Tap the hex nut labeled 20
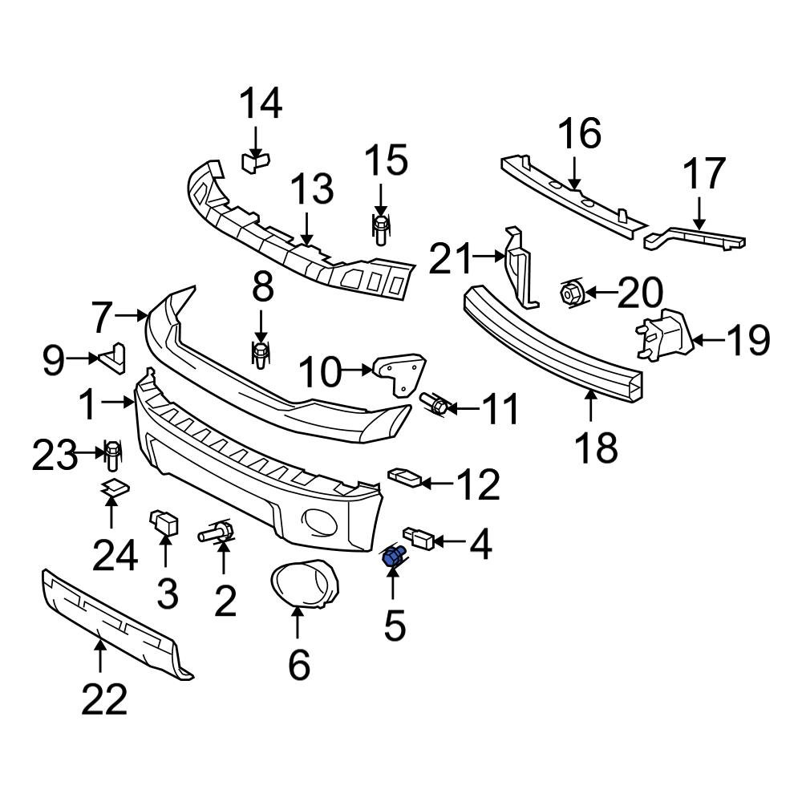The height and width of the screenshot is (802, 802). tap(569, 294)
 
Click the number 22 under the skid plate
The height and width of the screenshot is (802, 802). tap(104, 700)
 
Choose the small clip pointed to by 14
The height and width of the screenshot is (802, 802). tap(255, 162)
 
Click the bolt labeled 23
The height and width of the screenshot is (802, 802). tap(112, 456)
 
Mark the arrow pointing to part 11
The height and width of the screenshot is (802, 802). tap(463, 409)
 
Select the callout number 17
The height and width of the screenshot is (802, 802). tap(704, 175)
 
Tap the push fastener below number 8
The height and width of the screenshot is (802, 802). tap(261, 355)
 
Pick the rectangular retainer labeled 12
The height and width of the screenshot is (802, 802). tap(403, 479)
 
